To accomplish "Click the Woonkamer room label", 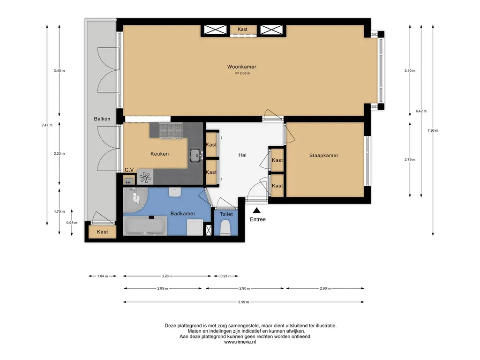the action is pyautogui.click(x=241, y=67).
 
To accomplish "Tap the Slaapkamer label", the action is pyautogui.click(x=323, y=156).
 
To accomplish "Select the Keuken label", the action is pyautogui.click(x=159, y=154).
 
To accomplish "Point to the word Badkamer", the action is pyautogui.click(x=183, y=214).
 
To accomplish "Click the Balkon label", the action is pyautogui.click(x=102, y=119).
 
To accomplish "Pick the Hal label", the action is pyautogui.click(x=242, y=155).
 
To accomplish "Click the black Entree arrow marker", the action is pyautogui.click(x=256, y=210).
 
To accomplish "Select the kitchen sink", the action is pyautogui.click(x=196, y=155).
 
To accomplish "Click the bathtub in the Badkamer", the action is pyautogui.click(x=145, y=226).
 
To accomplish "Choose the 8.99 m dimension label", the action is pyautogui.click(x=244, y=302).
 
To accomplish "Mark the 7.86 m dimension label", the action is pyautogui.click(x=433, y=130).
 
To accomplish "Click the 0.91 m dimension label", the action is pyautogui.click(x=226, y=276).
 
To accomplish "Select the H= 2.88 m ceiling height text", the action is pyautogui.click(x=242, y=73).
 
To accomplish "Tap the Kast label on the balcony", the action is pyautogui.click(x=102, y=232).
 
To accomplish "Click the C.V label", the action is pyautogui.click(x=129, y=170).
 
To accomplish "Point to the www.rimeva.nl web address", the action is pyautogui.click(x=240, y=342).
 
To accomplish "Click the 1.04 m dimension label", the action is pyautogui.click(x=103, y=276).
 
